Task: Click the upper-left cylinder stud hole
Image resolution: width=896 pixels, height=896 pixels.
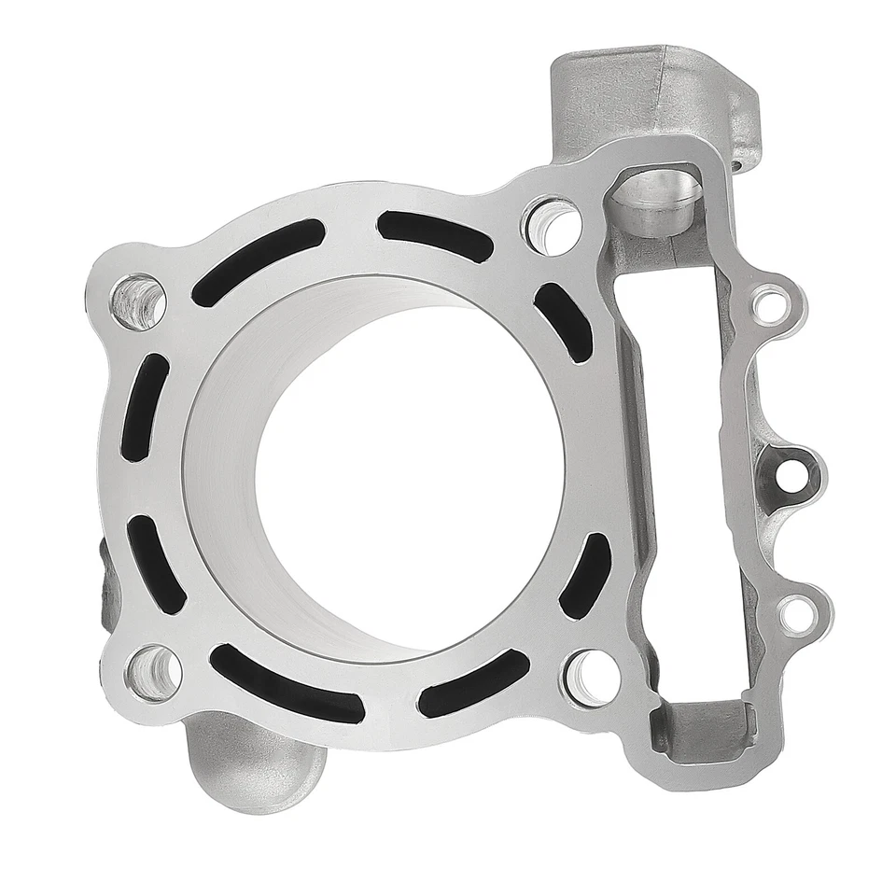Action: click(x=138, y=301)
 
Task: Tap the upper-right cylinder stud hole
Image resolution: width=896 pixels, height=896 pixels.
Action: click(x=553, y=225)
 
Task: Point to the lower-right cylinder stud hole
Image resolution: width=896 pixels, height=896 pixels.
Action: click(x=592, y=673)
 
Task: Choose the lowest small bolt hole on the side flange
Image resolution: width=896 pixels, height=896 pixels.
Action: click(x=795, y=612)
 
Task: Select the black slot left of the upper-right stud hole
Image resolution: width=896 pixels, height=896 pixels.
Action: click(x=435, y=234)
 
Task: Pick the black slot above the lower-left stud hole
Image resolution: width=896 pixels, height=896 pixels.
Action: click(x=155, y=565)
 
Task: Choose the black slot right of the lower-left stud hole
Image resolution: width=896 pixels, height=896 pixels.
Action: click(x=285, y=684)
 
